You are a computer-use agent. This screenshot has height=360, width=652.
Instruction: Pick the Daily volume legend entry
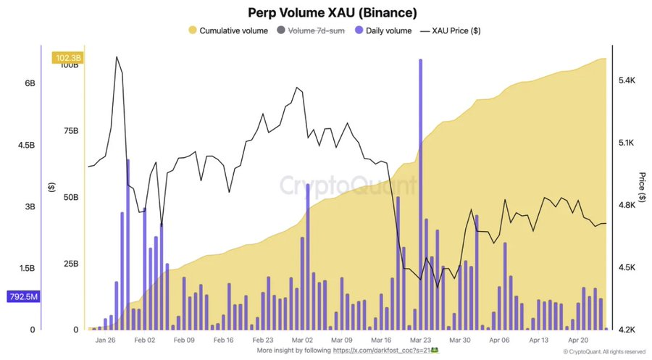coord(386,30)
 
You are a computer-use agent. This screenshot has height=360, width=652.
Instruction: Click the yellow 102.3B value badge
coord(66,58)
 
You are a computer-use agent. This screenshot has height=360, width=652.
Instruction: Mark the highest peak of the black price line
coord(116,56)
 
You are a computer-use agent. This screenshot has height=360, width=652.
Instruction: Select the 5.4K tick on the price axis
coord(627,80)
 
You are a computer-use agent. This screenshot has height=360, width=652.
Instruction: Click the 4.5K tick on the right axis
coord(627,267)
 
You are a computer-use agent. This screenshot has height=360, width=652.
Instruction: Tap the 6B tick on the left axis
coord(30,83)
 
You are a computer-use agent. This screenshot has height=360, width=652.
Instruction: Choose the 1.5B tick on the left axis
coord(27,268)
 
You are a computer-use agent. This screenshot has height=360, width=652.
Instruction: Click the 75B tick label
coord(70,131)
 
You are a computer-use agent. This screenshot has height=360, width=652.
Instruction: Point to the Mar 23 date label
coord(421,339)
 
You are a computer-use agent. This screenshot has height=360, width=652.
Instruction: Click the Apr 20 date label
coord(577,339)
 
